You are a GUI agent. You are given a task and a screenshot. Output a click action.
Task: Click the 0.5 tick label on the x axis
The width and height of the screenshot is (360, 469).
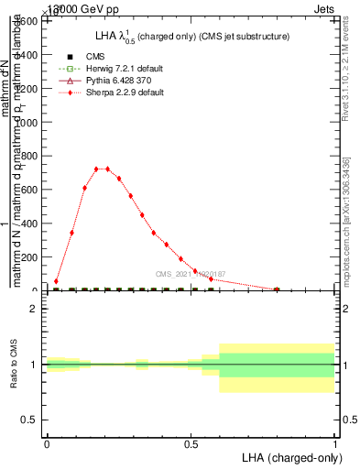(x=191, y=444)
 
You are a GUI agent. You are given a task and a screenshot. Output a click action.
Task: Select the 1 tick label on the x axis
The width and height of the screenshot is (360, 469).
(x=335, y=444)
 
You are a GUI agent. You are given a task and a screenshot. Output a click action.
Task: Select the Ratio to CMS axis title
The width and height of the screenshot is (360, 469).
(x=14, y=364)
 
